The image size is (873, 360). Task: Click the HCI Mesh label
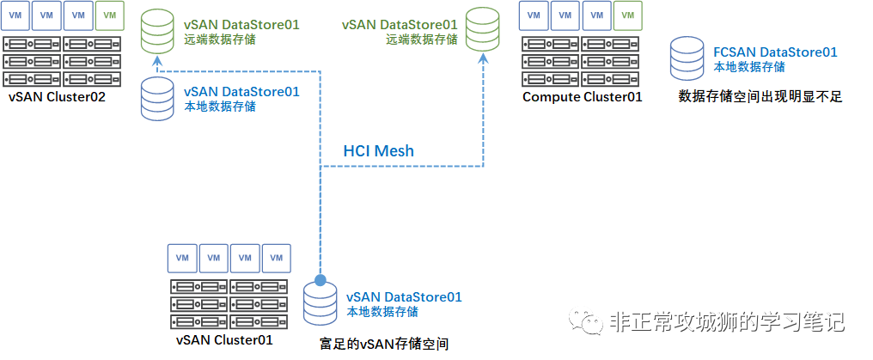(x=378, y=151)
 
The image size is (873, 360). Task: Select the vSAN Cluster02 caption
(x=57, y=97)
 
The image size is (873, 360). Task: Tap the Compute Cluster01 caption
(x=582, y=97)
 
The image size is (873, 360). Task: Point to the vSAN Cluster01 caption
(x=224, y=339)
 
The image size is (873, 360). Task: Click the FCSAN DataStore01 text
(x=775, y=52)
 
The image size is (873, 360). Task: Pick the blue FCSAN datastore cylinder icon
(x=690, y=58)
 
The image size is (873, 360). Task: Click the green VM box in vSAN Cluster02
(x=108, y=15)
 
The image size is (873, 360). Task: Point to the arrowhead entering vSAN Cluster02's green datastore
(x=157, y=59)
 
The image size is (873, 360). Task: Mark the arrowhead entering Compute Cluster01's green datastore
(x=483, y=59)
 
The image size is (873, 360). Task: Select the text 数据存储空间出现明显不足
(x=760, y=97)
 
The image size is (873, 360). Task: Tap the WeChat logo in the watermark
(x=589, y=323)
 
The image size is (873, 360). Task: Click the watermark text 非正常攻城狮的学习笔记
(x=726, y=322)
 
